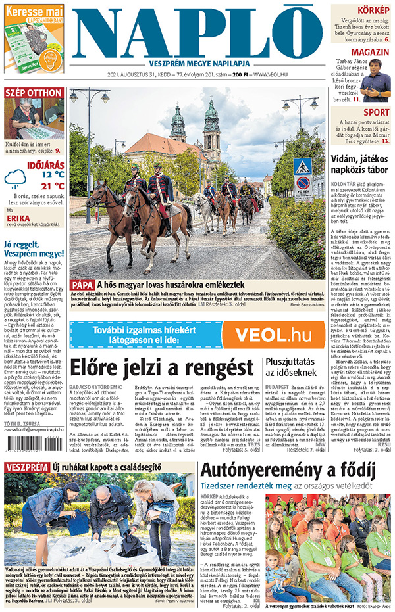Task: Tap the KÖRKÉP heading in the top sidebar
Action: click(x=372, y=10)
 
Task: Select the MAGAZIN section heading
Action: click(x=370, y=52)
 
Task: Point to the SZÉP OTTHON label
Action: click(x=34, y=93)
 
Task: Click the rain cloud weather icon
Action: click(x=16, y=178)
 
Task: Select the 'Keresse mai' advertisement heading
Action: click(x=34, y=11)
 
